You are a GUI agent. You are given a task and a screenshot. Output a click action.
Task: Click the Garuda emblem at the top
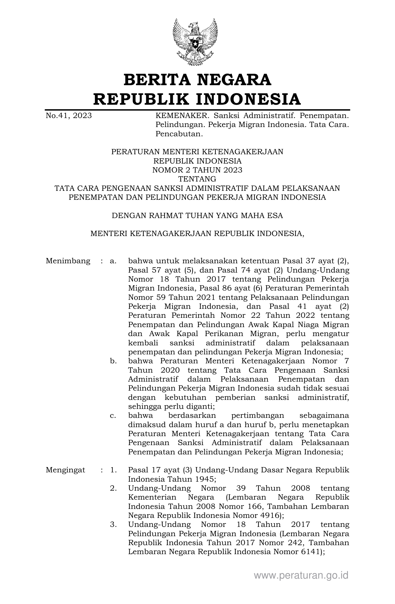195,42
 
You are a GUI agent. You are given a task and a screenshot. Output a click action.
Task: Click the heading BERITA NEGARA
197,80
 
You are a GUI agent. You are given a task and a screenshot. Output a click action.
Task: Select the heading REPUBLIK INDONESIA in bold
197,99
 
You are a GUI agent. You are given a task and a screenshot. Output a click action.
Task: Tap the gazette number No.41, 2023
69,116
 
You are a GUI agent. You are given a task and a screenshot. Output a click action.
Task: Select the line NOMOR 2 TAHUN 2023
197,170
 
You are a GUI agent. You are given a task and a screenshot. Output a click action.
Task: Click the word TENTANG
197,179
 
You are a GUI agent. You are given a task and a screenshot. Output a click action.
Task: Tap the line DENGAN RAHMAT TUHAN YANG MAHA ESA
197,216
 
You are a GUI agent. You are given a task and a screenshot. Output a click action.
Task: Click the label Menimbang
68,261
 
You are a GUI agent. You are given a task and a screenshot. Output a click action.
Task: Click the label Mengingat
65,470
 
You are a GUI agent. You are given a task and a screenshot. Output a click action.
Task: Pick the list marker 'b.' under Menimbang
113,361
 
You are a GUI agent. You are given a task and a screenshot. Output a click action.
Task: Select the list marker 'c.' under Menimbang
113,415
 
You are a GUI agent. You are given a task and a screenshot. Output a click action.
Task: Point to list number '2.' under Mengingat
113,488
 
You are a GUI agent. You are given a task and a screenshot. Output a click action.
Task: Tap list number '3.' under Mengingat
113,524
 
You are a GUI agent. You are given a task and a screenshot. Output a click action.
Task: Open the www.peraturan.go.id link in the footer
301,576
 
